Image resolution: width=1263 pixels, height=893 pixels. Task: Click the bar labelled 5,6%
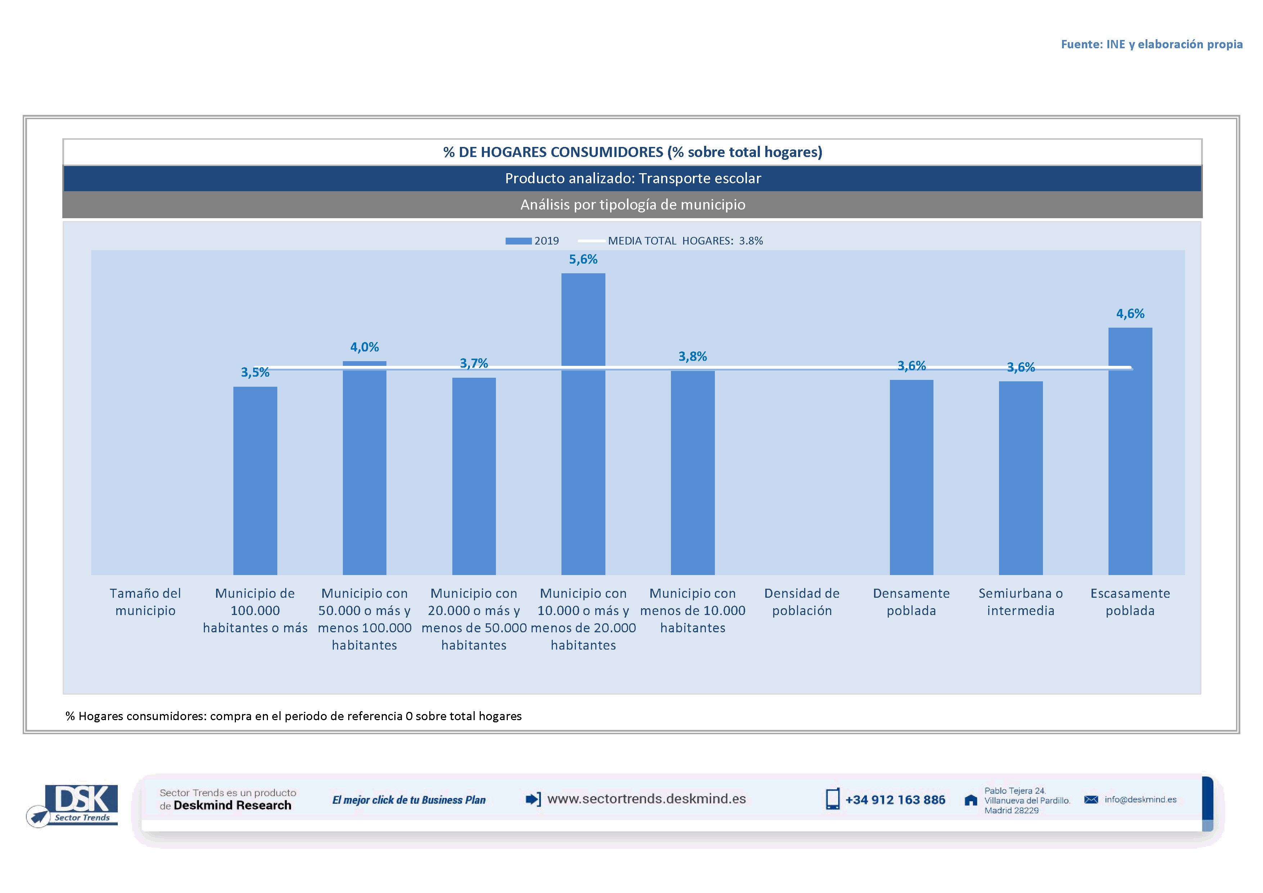(x=583, y=423)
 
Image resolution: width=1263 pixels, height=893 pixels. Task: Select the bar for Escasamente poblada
(x=1130, y=451)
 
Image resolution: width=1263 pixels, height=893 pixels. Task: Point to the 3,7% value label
(x=474, y=363)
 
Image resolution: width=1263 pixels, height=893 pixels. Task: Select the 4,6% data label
(x=1130, y=313)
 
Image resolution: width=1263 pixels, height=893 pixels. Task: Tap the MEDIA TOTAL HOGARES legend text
(x=685, y=241)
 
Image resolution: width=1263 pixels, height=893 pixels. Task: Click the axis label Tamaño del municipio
(x=145, y=602)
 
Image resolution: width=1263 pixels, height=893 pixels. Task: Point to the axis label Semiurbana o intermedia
(x=1020, y=602)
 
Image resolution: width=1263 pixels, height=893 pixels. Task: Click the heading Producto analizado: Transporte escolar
(x=633, y=178)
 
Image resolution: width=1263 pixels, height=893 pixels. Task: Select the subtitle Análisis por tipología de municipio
(x=633, y=205)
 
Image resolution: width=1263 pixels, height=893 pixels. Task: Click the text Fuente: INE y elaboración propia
(x=1151, y=44)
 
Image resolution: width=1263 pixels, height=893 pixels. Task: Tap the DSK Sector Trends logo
(x=74, y=804)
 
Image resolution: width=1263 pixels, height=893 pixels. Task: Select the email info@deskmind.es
(x=1140, y=799)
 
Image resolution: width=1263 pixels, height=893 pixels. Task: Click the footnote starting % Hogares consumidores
(x=293, y=716)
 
